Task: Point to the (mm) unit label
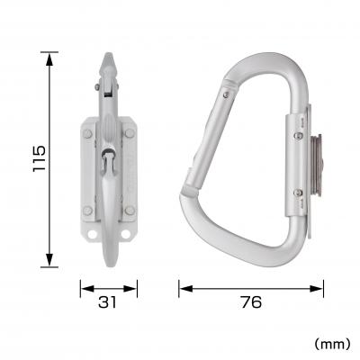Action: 330,343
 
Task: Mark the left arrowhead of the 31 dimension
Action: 84,289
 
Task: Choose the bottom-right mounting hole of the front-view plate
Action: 128,236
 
